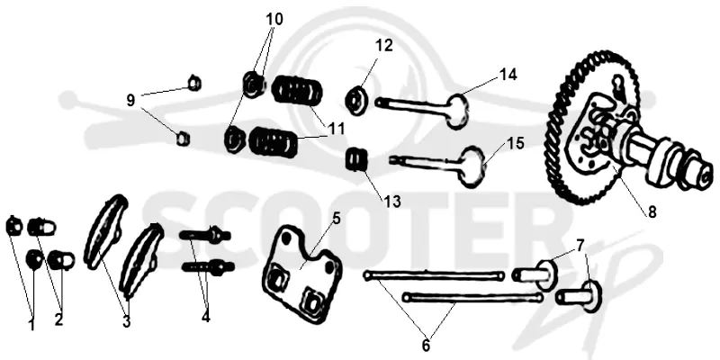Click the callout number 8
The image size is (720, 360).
pyautogui.click(x=652, y=212)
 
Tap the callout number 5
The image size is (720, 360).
pyautogui.click(x=337, y=218)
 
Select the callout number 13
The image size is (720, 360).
pyautogui.click(x=392, y=201)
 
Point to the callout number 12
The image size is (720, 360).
pyautogui.click(x=384, y=46)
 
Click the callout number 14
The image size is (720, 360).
pyautogui.click(x=508, y=75)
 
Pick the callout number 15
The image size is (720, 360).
pyautogui.click(x=516, y=143)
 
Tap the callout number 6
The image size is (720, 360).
pyautogui.click(x=426, y=346)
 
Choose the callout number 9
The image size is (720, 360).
pyautogui.click(x=130, y=101)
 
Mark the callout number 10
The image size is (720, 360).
pyautogui.click(x=274, y=19)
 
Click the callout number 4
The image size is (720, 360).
pyautogui.click(x=206, y=317)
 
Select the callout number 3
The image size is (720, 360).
pyautogui.click(x=126, y=322)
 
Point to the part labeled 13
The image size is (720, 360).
pyautogui.click(x=356, y=159)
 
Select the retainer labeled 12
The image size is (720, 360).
pyautogui.click(x=356, y=99)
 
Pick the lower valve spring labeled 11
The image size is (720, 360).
pyautogui.click(x=273, y=142)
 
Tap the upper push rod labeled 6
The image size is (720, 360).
pyautogui.click(x=433, y=275)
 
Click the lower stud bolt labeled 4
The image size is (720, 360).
pyautogui.click(x=208, y=266)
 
